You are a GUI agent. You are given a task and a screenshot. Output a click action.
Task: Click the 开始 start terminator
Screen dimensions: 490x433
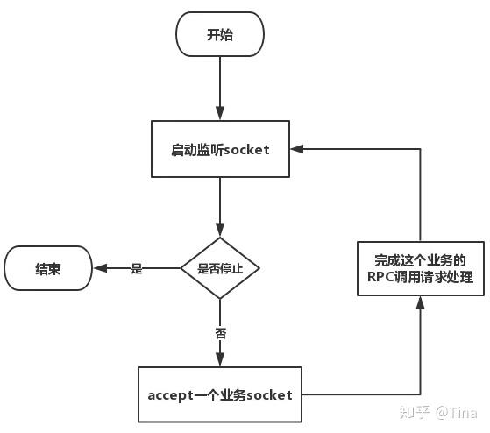coord(220,34)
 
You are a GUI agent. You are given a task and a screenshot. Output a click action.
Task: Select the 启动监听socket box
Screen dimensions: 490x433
coord(220,149)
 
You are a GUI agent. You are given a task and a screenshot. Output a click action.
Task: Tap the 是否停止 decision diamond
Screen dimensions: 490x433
coord(220,268)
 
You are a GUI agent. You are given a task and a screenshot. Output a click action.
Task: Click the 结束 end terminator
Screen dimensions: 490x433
coord(48,268)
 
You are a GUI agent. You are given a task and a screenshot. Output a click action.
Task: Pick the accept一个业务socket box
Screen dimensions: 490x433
coord(220,394)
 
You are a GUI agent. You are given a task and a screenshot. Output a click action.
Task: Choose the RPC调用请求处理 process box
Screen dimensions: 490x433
coord(421,268)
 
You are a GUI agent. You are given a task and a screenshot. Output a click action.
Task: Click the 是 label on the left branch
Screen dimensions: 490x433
coord(137,268)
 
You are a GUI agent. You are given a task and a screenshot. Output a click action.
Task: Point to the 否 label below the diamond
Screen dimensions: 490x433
coord(220,333)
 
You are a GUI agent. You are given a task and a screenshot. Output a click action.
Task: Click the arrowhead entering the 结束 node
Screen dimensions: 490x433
coord(100,268)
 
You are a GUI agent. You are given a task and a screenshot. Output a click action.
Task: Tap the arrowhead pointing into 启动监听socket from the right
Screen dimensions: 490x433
coord(297,149)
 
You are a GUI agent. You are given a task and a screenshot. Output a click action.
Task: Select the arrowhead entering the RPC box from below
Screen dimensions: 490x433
coord(420,302)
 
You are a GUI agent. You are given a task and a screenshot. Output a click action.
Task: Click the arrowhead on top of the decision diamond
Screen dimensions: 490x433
coord(220,230)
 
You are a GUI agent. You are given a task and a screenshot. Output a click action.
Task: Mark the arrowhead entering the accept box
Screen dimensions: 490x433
coord(220,359)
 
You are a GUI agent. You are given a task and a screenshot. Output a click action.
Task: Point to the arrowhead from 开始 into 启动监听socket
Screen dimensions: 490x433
coord(220,113)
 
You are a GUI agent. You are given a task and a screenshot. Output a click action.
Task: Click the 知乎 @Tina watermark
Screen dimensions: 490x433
coord(438,413)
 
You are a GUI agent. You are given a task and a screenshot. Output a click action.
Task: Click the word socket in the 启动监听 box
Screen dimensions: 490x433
coord(246,150)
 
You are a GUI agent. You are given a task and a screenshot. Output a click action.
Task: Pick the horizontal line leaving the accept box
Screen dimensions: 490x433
coord(361,394)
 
